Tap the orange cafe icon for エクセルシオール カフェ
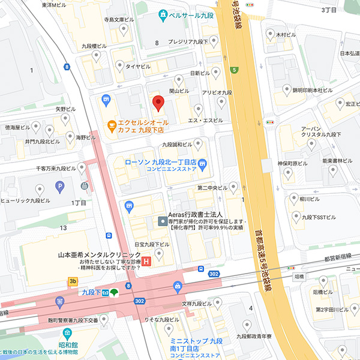(x=111, y=125)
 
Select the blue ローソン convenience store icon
(x=203, y=163)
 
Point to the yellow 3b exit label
(x=73, y=281)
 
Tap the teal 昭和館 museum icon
(x=65, y=334)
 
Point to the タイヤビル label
(x=137, y=67)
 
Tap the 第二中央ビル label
(x=212, y=188)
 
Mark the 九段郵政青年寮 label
(x=259, y=337)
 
